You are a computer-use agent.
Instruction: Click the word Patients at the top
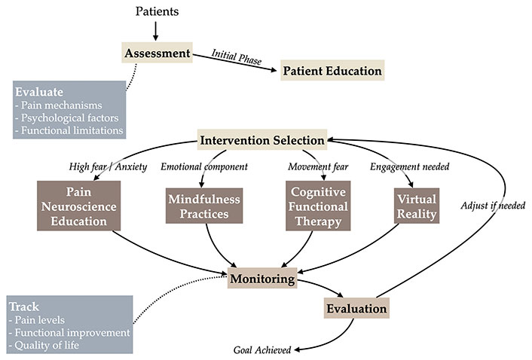point(157,11)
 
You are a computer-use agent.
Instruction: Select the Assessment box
point(157,53)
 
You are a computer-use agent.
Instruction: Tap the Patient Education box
point(332,70)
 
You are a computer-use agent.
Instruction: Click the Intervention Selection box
point(262,139)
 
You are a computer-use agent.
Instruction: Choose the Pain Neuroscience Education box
point(78,206)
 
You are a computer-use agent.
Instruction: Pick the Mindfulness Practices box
point(204,206)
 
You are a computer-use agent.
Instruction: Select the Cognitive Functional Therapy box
point(318,206)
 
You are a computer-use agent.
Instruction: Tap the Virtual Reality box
point(417,206)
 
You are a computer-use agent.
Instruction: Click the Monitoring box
point(262,278)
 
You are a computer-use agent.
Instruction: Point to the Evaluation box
point(356,308)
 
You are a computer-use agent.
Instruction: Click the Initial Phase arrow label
point(237,57)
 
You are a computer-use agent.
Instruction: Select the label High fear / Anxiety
point(108,166)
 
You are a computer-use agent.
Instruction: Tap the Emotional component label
point(204,166)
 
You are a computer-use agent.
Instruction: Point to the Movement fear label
point(318,166)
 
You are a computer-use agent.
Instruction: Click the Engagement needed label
point(409,166)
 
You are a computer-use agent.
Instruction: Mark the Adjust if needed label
point(493,205)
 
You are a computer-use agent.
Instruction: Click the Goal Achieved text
point(262,349)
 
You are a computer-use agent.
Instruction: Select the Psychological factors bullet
point(67,117)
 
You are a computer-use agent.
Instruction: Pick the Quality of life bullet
point(44,345)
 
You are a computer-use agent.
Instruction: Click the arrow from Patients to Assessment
point(156,31)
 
